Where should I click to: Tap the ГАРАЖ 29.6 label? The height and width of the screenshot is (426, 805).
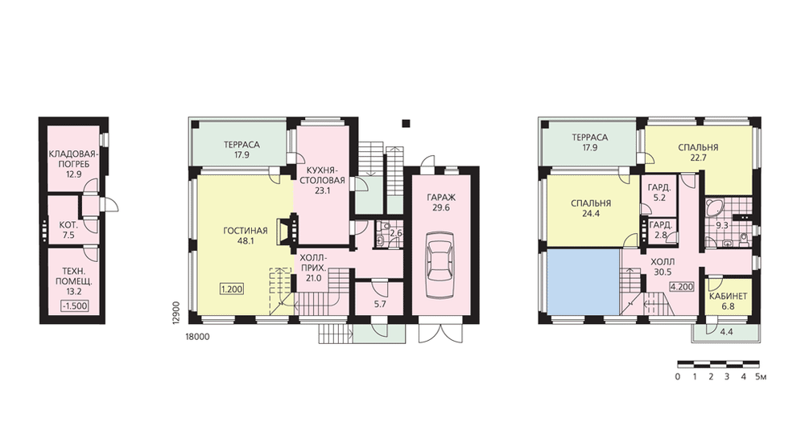point(441,203)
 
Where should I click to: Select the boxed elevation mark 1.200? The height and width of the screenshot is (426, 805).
point(232,289)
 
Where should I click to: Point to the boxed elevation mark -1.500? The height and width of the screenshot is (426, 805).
point(74,306)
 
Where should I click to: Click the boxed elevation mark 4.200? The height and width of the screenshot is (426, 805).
point(682,287)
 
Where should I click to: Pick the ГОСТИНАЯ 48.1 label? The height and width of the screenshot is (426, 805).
point(246,235)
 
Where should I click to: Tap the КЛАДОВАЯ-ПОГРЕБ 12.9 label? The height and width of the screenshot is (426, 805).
point(73,163)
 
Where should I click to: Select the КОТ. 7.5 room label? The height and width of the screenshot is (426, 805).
point(68,230)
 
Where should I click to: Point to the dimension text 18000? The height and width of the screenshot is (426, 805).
point(197,337)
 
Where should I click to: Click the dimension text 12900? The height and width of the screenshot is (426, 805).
point(175,312)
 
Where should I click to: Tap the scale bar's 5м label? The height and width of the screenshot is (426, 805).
point(761,377)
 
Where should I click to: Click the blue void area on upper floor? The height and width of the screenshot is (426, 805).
point(583,282)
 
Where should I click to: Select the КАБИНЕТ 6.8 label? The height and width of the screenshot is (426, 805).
point(728,301)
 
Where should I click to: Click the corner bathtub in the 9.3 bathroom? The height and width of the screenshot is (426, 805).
point(713,207)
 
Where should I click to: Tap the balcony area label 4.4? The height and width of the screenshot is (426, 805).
point(726,332)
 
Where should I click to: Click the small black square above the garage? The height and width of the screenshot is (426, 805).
point(406,123)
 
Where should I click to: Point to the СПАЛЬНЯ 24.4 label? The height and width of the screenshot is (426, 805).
point(590,209)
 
